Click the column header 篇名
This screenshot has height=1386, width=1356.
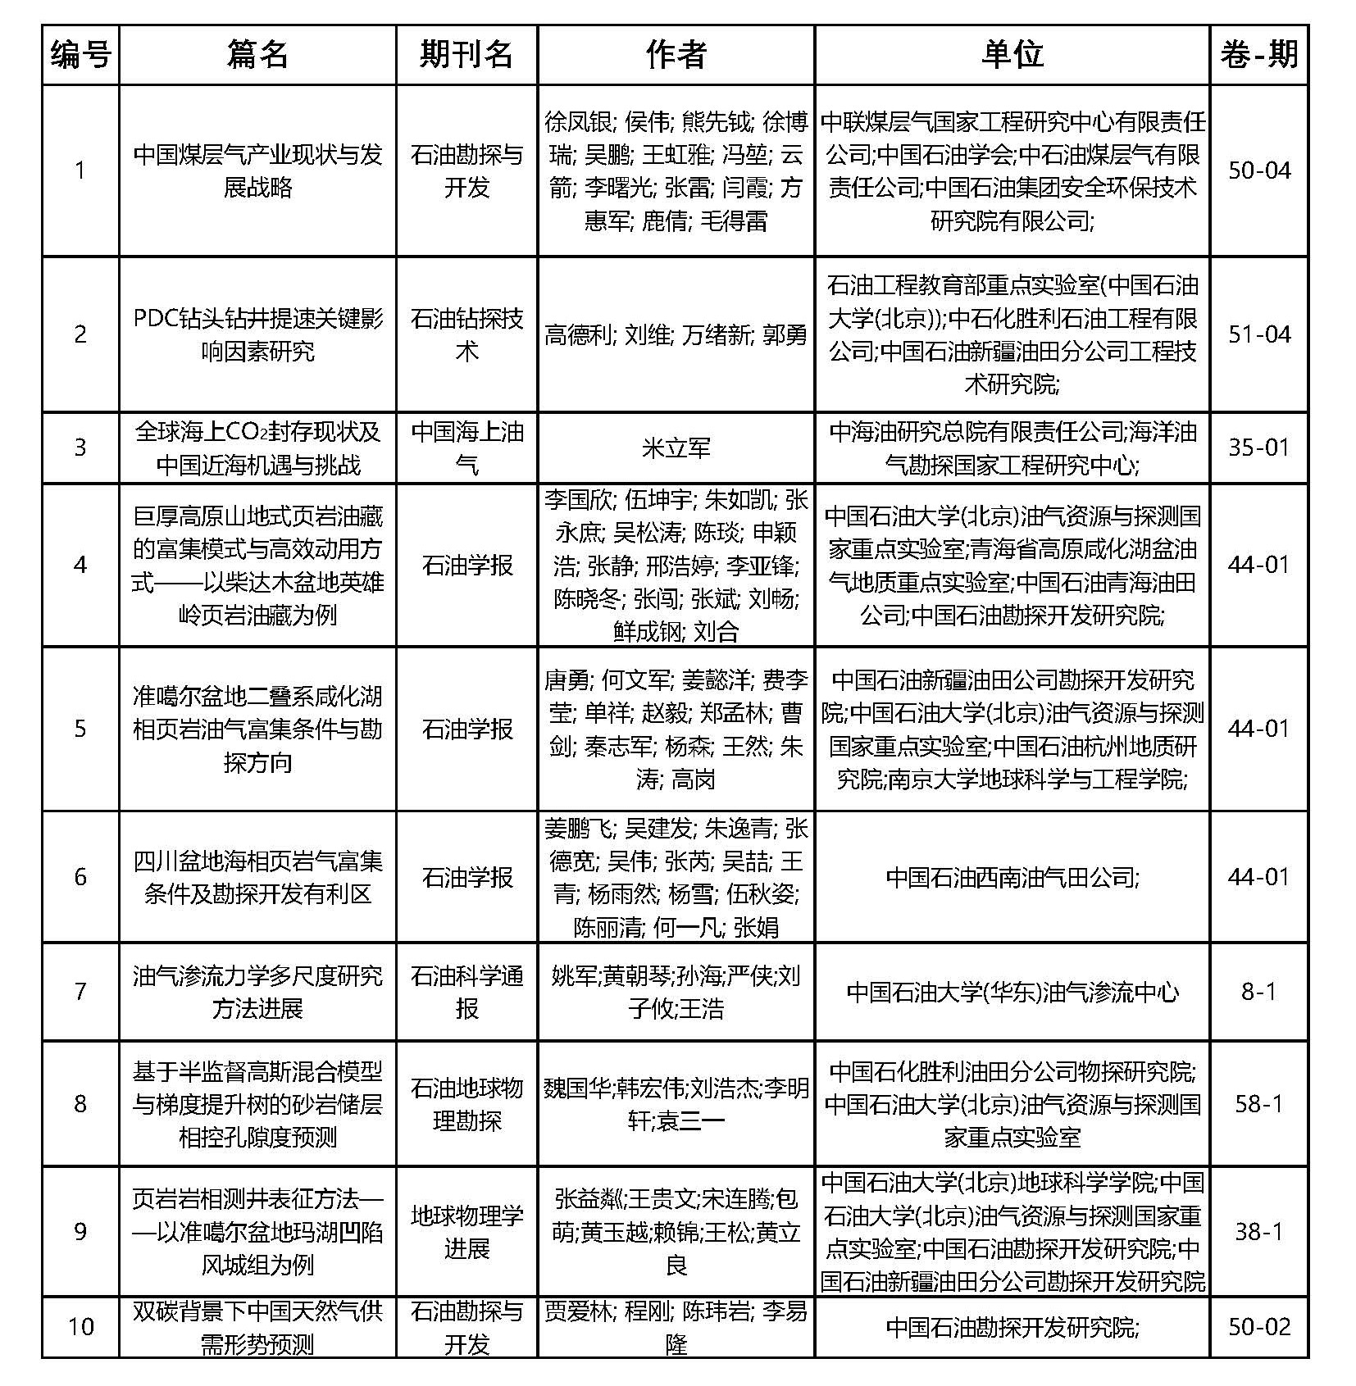click(x=257, y=55)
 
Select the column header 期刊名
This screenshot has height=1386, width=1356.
click(x=466, y=55)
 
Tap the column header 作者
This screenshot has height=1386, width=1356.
click(x=676, y=55)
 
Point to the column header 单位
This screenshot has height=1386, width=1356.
click(x=1012, y=55)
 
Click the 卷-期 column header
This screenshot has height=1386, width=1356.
click(x=1258, y=55)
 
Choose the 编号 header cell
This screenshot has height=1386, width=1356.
click(x=80, y=55)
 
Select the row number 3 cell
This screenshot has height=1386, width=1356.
click(x=80, y=448)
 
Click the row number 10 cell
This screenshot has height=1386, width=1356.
click(x=80, y=1326)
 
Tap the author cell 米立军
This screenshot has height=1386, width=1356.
click(x=676, y=448)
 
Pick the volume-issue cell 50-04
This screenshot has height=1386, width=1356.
click(x=1258, y=170)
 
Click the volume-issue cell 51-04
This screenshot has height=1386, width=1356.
click(x=1258, y=334)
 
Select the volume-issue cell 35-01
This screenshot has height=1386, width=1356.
click(x=1258, y=448)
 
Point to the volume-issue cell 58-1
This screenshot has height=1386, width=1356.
click(x=1258, y=1103)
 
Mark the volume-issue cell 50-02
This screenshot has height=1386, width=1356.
click(x=1258, y=1326)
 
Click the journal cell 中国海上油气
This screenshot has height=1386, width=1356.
click(x=466, y=448)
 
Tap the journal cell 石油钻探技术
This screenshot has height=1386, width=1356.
click(x=466, y=334)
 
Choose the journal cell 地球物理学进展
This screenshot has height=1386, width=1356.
click(x=466, y=1232)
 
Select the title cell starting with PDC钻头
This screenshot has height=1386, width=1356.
click(x=257, y=334)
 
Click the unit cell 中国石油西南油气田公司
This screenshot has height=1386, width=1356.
click(x=1012, y=877)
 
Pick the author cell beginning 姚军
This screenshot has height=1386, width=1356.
click(x=676, y=992)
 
